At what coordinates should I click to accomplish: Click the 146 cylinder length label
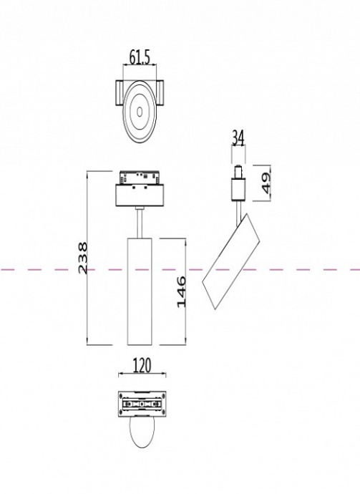181,291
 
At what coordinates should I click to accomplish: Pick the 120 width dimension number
142,366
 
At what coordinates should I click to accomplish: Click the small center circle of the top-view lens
138,111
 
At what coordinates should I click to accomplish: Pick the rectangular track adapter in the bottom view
142,405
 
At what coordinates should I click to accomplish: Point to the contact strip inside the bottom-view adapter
142,405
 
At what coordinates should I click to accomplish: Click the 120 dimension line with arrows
142,375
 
